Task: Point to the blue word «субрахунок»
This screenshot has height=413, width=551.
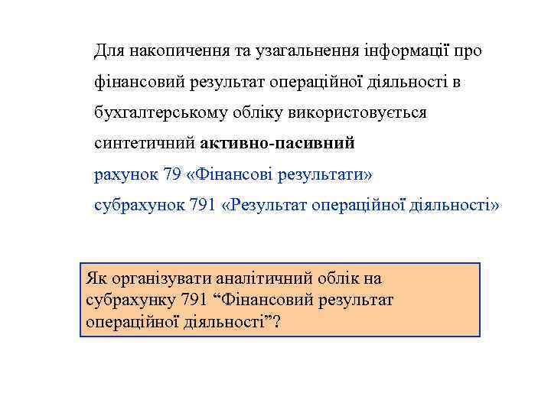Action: (x=138, y=206)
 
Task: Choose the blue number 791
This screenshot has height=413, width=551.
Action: (x=200, y=206)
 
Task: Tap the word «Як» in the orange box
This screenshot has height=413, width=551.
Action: (x=97, y=279)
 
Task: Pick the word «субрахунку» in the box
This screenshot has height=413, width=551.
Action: (x=129, y=300)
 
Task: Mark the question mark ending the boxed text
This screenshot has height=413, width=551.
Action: (x=276, y=321)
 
